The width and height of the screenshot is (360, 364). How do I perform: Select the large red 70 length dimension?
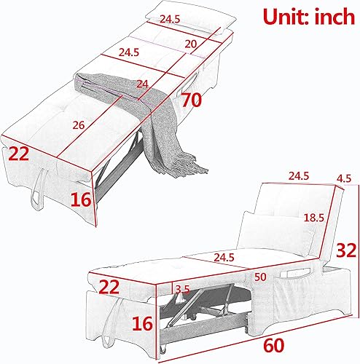click(192, 100)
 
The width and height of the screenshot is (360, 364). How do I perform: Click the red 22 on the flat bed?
click(20, 154)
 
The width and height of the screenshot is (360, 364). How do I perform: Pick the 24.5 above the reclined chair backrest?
click(298, 175)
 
